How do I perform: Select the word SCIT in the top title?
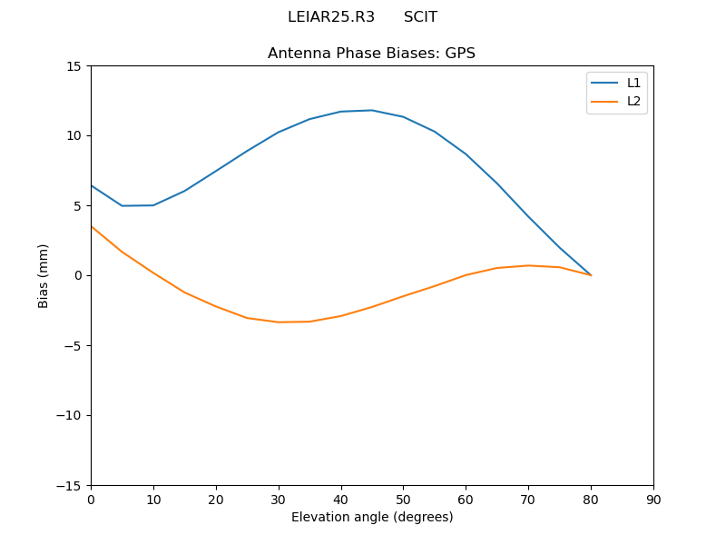pyautogui.click(x=420, y=17)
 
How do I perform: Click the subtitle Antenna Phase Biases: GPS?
pyautogui.click(x=371, y=54)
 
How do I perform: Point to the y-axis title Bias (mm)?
pyautogui.click(x=44, y=275)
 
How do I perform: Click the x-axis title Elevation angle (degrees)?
pyautogui.click(x=371, y=518)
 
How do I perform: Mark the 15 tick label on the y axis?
pyautogui.click(x=74, y=66)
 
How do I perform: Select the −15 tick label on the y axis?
pyautogui.click(x=70, y=485)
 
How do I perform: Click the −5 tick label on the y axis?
pyautogui.click(x=74, y=345)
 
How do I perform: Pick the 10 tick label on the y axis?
pyautogui.click(x=74, y=136)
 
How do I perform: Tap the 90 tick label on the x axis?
pyautogui.click(x=652, y=500)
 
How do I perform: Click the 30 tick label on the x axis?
pyautogui.click(x=278, y=500)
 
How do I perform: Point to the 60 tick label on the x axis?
pyautogui.click(x=466, y=500)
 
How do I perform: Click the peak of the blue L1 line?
pyautogui.click(x=372, y=110)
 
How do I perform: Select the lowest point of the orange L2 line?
pyautogui.click(x=279, y=322)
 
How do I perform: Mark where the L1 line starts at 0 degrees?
pyautogui.click(x=91, y=185)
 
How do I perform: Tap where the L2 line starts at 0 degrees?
pyautogui.click(x=91, y=226)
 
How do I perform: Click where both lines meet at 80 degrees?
pyautogui.click(x=591, y=274)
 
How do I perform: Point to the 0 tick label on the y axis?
pyautogui.click(x=78, y=275)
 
